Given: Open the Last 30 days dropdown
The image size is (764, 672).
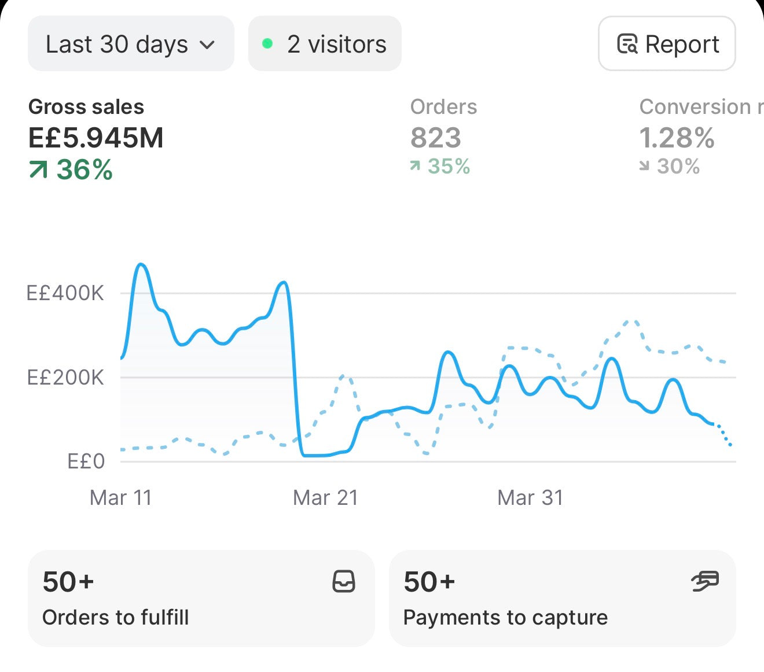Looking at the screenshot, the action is click(x=131, y=44).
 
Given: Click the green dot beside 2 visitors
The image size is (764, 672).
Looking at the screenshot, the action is click(x=267, y=44).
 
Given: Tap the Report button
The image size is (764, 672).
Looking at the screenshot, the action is click(x=667, y=44).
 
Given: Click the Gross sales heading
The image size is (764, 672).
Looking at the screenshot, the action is click(x=86, y=106).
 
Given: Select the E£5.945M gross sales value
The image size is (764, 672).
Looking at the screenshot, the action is click(x=95, y=138).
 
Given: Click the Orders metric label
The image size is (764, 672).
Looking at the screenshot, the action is click(x=443, y=106).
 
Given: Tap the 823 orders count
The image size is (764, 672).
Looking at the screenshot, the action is click(x=436, y=138).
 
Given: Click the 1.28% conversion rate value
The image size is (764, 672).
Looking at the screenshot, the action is click(x=677, y=138).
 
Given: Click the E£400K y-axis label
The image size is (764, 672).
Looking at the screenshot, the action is click(x=65, y=293).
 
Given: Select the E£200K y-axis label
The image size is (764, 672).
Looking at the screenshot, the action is click(x=65, y=377).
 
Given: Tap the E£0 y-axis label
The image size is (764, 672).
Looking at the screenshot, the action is click(x=86, y=461).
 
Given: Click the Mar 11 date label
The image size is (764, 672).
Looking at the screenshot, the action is click(x=120, y=497).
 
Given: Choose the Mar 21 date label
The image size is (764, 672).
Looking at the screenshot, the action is click(x=325, y=497).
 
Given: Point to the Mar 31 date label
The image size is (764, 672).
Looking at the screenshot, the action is click(x=530, y=497).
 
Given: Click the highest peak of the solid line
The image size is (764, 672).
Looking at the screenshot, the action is click(x=141, y=264).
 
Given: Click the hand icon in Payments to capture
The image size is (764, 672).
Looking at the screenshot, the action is click(x=705, y=581).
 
